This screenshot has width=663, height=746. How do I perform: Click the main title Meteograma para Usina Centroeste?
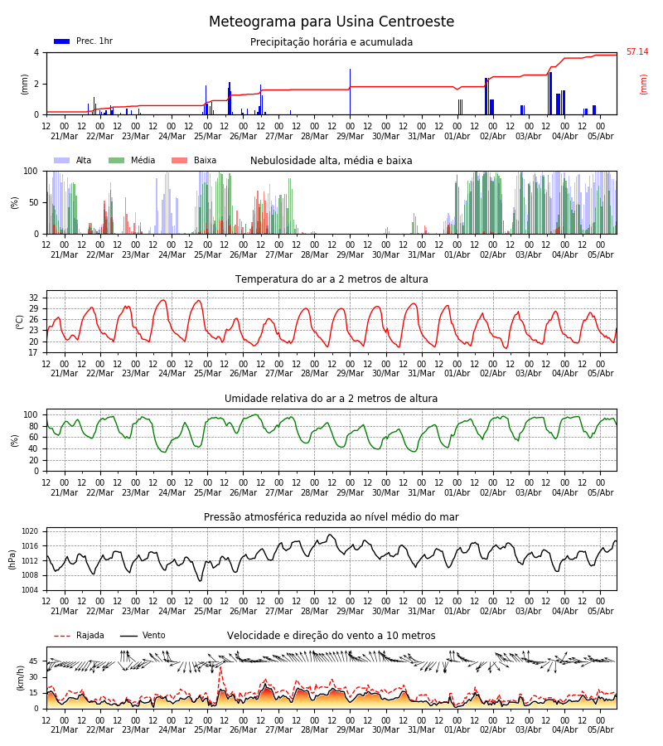click(331, 22)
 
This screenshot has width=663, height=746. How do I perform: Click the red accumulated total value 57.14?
click(637, 51)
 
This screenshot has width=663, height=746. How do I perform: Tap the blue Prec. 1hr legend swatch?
click(62, 41)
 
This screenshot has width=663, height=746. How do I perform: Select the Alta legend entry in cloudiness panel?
click(73, 160)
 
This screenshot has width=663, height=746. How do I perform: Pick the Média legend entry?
click(132, 160)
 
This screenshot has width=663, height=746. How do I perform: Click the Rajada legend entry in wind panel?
click(79, 636)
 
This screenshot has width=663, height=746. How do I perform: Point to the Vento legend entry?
click(143, 636)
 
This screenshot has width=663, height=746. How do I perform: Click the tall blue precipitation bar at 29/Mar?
click(350, 92)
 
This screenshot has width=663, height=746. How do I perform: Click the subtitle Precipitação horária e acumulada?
click(331, 42)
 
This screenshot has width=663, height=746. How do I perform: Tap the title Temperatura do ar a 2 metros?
click(331, 279)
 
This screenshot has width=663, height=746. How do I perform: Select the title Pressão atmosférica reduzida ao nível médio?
click(331, 516)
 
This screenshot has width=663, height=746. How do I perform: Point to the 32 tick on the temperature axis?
click(33, 298)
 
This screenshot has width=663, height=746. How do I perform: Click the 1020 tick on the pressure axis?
click(31, 531)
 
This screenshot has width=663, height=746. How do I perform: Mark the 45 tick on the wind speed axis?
click(33, 661)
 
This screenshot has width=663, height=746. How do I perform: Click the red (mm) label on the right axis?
click(643, 85)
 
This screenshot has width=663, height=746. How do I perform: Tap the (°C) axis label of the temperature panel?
click(20, 322)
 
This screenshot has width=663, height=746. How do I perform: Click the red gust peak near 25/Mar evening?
click(220, 668)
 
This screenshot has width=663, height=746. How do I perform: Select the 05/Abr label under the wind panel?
click(601, 729)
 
